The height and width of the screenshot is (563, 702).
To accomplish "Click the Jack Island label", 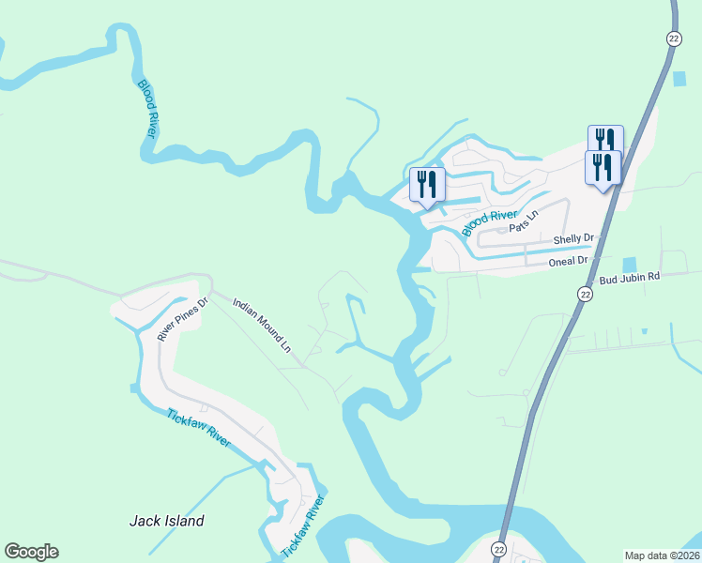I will pos(166,521).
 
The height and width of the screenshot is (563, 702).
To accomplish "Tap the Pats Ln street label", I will pos(525,221).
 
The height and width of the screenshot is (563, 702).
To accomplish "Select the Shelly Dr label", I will pos(574,240).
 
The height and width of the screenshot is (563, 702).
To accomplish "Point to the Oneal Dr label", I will pos(569,261).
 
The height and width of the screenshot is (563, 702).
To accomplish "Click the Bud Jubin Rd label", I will pos(630,277).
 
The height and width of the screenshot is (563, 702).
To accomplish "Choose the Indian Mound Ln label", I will pos(262,325).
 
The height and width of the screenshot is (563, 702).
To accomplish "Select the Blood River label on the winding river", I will pos(147,109).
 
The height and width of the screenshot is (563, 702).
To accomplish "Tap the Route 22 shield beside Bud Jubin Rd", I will pos(585,294).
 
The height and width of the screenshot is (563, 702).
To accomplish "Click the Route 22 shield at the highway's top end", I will pos(674,38).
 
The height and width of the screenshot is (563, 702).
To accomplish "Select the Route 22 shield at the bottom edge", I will pos(498,549).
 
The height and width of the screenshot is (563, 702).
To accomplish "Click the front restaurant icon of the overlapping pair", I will pos(601,168).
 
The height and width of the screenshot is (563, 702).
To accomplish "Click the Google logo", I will pos(31,552).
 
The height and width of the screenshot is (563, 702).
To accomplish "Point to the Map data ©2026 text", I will pos(663,555).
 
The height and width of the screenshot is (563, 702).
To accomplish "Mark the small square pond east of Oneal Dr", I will pos(629,266).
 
